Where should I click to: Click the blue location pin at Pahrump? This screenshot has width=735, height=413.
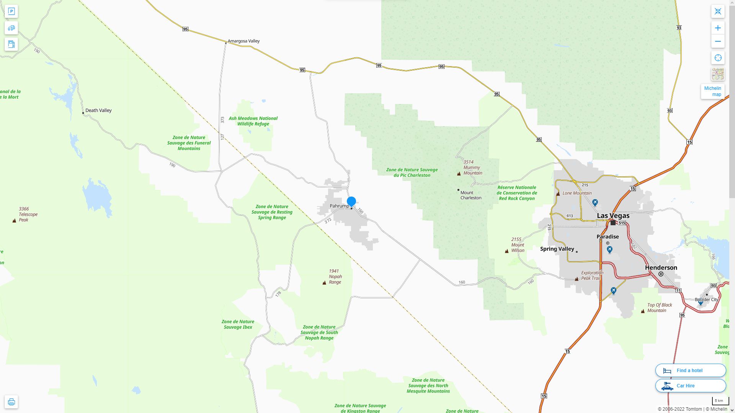tap(351, 201)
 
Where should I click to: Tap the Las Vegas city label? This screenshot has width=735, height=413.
tap(613, 216)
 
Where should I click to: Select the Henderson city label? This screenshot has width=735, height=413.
tap(661, 268)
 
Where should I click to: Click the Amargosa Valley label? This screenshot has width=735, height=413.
tap(243, 41)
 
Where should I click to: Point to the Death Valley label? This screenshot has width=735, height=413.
tap(98, 111)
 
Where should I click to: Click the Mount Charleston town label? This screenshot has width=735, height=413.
tap(470, 195)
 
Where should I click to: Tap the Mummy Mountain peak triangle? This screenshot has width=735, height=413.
tap(459, 174)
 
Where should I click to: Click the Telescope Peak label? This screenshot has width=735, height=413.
tap(28, 214)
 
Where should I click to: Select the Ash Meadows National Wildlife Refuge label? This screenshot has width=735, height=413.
tap(253, 121)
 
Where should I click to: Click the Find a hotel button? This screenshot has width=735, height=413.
tap(690, 370)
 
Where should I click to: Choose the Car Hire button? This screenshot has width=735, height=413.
tap(690, 385)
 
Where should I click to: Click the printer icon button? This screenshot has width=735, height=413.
tap(11, 402)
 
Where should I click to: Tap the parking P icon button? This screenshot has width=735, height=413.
tap(11, 11)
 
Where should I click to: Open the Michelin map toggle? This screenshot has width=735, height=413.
tap(712, 91)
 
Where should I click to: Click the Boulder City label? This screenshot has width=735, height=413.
tap(706, 299)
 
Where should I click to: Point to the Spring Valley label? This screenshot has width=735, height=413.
tap(557, 249)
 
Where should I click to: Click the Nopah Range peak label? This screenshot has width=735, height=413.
tap(335, 276)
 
